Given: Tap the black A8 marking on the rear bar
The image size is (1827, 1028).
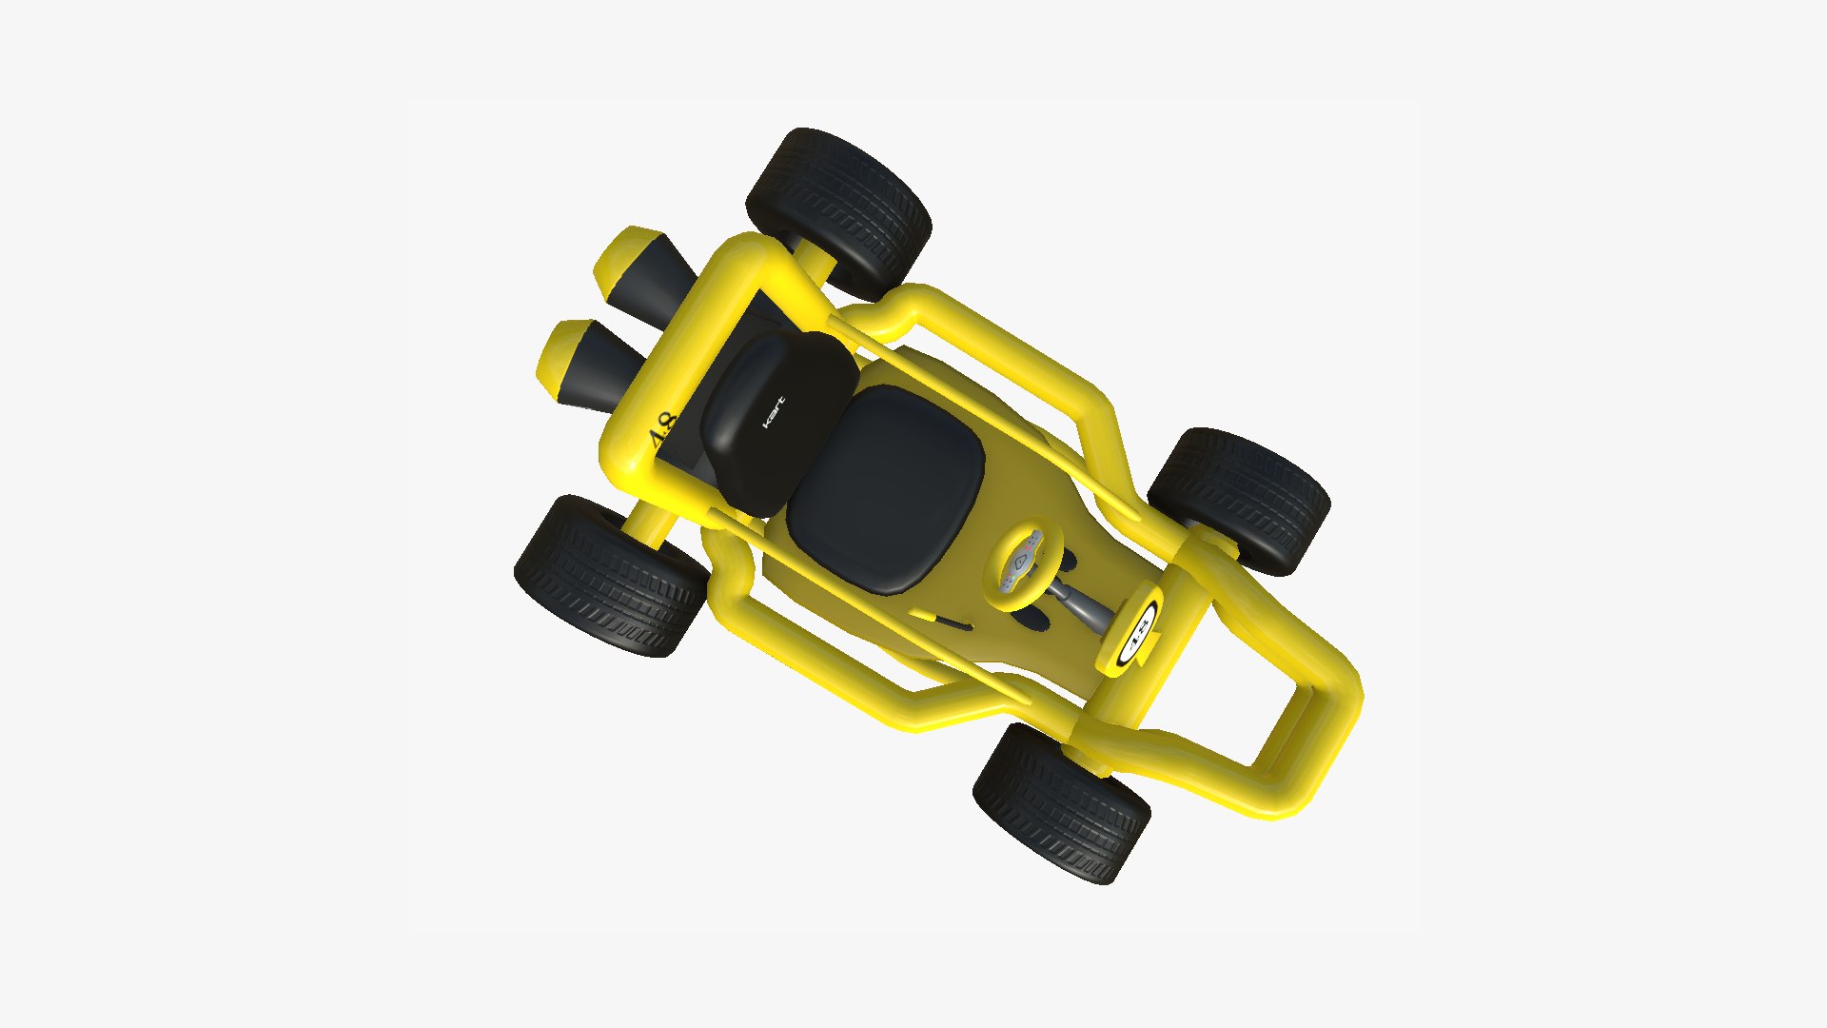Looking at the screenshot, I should (660, 431).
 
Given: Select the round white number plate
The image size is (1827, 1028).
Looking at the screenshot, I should (1138, 629).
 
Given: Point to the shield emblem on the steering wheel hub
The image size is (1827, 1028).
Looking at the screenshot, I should (1021, 562).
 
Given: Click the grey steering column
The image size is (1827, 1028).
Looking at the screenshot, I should (1085, 603).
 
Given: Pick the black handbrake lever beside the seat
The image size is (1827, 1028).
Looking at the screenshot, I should (952, 623).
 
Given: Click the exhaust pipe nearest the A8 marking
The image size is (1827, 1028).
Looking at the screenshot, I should (590, 366).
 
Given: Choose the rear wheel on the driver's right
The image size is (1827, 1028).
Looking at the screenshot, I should (609, 577).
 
